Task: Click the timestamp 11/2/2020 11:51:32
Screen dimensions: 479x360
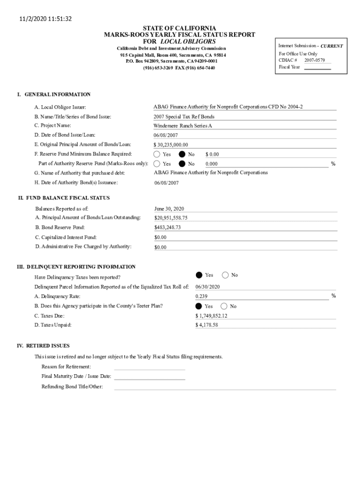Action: (43, 19)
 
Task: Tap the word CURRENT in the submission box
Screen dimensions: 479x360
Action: (331, 46)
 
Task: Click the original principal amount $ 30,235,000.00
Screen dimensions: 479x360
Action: (171, 145)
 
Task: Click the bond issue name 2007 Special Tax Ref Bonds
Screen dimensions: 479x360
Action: (184, 117)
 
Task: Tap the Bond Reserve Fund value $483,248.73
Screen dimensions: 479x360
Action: (167, 227)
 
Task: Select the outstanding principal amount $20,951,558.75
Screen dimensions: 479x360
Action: (171, 218)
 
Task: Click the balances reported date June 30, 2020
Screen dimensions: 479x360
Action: (169, 209)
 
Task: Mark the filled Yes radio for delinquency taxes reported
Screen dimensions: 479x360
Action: (199, 275)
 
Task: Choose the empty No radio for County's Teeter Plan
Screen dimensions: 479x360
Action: (224, 306)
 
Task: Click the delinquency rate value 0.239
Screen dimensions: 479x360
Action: (202, 296)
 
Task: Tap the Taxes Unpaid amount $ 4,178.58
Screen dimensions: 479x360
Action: (207, 325)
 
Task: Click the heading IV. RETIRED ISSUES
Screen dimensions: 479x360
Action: (43, 346)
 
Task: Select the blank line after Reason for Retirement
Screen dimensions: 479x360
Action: (150, 367)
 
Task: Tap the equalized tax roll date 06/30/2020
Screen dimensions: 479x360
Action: (208, 287)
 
